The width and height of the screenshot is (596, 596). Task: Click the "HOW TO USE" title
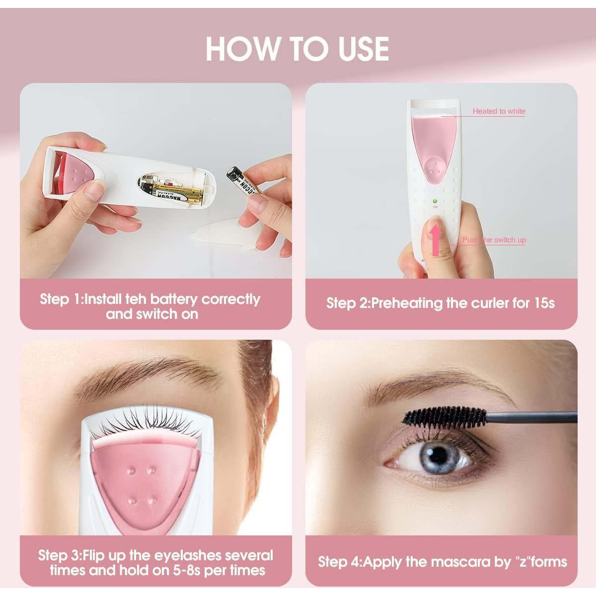(297, 49)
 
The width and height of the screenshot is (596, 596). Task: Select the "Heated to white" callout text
(499, 111)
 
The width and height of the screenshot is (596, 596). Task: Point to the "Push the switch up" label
(494, 240)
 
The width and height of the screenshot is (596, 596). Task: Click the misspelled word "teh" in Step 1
(136, 299)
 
